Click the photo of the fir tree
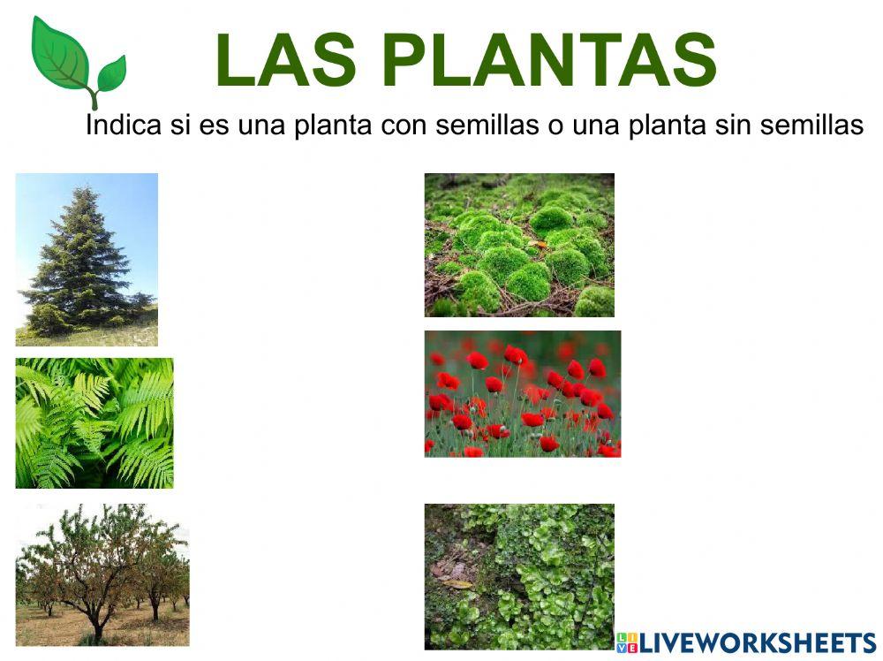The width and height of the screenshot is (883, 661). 87,259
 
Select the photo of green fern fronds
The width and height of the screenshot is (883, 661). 94,422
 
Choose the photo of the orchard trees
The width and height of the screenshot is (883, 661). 102,574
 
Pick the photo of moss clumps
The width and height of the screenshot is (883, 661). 519,245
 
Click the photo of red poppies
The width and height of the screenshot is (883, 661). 522,393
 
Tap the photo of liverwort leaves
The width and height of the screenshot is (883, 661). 519,576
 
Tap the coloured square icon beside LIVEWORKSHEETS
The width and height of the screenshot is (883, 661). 626,642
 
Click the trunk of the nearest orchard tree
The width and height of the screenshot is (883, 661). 97,624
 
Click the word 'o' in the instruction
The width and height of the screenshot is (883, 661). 555,126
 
